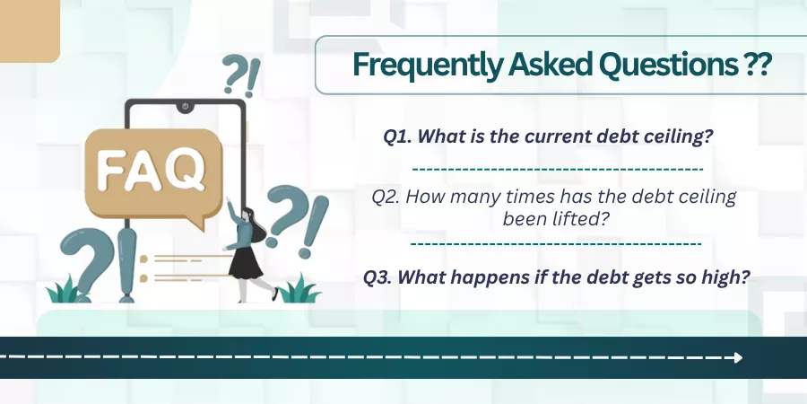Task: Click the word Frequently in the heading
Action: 427,66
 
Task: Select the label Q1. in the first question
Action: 398,137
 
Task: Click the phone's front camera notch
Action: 185,107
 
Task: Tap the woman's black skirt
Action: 245,263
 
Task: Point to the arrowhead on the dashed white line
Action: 739,357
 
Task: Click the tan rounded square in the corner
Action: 30,31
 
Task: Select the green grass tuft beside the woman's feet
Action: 299,290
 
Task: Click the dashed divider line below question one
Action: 558,169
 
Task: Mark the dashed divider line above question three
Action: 556,242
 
